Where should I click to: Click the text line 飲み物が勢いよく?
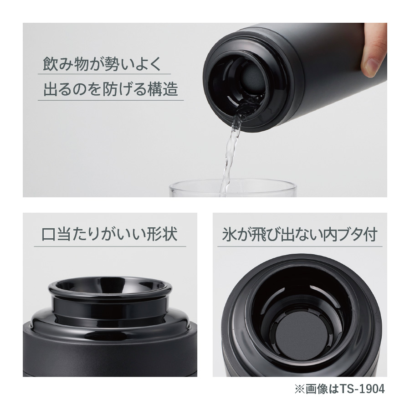(102, 63)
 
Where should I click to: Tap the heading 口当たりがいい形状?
(109, 235)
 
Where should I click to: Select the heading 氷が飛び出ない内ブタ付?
(300, 235)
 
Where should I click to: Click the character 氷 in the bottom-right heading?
(229, 235)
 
